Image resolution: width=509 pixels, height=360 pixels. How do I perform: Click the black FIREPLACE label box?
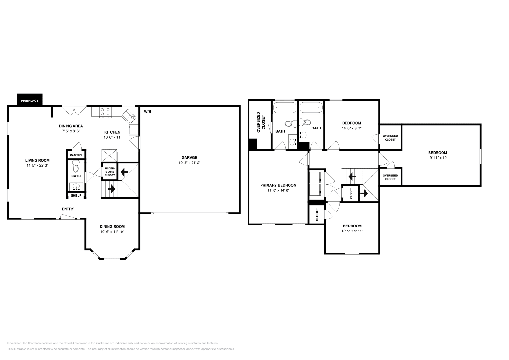(30, 100)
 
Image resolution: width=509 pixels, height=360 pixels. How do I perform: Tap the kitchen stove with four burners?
(106, 112)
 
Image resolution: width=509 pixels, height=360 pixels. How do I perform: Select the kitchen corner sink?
(130, 115)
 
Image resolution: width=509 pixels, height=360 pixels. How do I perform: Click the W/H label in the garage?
(148, 112)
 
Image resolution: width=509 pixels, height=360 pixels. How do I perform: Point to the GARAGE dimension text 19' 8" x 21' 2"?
(189, 163)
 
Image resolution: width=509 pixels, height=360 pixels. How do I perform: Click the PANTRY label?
(76, 155)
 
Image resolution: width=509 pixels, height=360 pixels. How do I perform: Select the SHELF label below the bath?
(76, 196)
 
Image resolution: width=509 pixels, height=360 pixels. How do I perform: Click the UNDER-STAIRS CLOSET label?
(110, 172)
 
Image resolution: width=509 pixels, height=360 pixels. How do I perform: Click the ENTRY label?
(68, 209)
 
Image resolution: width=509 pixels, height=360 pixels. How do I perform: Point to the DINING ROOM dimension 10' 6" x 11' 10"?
(112, 232)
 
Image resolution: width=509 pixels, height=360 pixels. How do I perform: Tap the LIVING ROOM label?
(38, 160)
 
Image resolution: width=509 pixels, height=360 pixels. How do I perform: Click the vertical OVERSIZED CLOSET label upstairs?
(261, 122)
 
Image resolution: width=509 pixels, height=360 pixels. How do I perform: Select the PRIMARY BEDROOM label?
(278, 185)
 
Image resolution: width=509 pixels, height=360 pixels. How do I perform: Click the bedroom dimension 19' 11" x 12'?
(437, 158)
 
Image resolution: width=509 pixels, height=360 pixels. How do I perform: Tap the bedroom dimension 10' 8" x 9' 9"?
(352, 128)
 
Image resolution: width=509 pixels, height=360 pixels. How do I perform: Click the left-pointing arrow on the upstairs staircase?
(352, 176)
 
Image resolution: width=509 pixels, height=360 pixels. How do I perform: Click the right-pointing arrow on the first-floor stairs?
(111, 189)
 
